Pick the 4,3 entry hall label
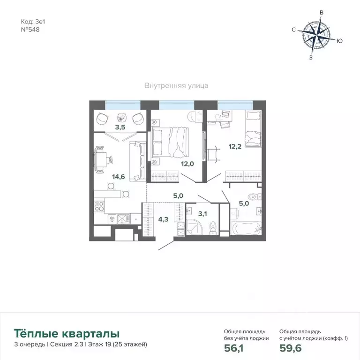point(163,218)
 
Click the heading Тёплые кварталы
point(67,334)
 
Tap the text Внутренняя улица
point(176,86)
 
